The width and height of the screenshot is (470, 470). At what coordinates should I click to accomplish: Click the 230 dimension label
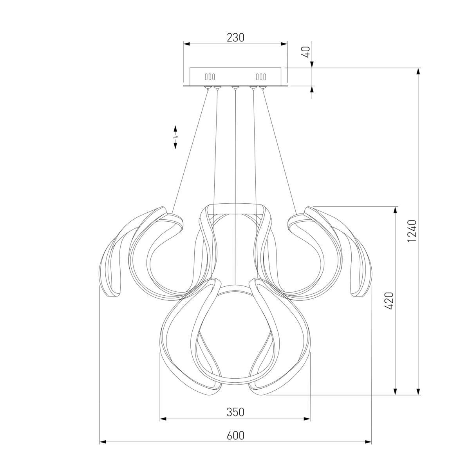(235, 38)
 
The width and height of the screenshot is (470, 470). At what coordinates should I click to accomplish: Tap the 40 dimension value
(307, 52)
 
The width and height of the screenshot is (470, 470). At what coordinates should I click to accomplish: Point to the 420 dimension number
(389, 301)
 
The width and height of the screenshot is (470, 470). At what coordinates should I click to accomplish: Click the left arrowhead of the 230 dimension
(186, 44)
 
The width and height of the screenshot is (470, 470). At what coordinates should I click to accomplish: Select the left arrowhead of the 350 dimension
(163, 419)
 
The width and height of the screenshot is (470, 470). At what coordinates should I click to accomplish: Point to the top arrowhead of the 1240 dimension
(418, 71)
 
